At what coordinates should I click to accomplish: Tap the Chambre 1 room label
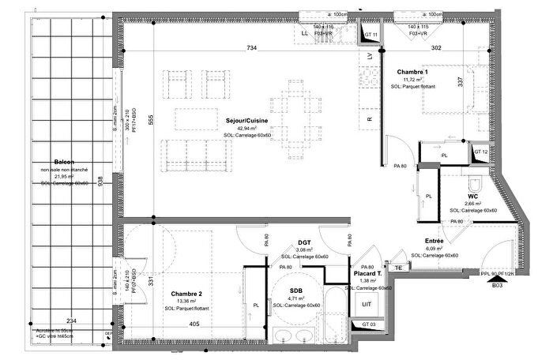(412, 72)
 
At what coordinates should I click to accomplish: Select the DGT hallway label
(303, 243)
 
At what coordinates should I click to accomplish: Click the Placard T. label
(368, 273)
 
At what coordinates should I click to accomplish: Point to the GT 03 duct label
(369, 324)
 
